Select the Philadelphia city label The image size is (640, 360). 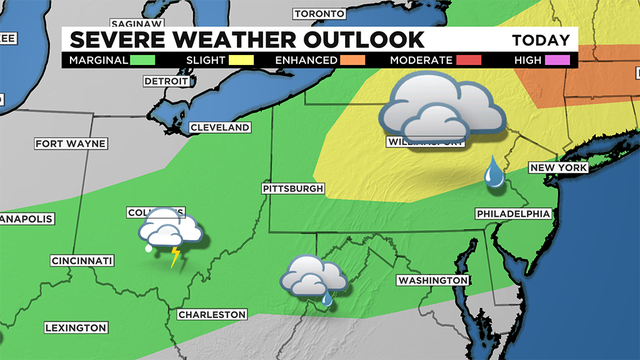tap(514, 214)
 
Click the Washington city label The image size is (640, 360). tap(432, 280)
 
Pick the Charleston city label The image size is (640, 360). tap(211, 314)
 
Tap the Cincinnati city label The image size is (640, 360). tap(83, 261)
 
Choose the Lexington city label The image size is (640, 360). tap(76, 328)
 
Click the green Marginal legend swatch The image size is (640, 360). tap(146, 60)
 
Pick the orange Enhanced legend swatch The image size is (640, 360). tap(351, 60)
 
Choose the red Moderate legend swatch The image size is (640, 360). tap(471, 60)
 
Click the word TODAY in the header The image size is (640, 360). tap(541, 41)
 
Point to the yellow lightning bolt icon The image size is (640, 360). tap(176, 258)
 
